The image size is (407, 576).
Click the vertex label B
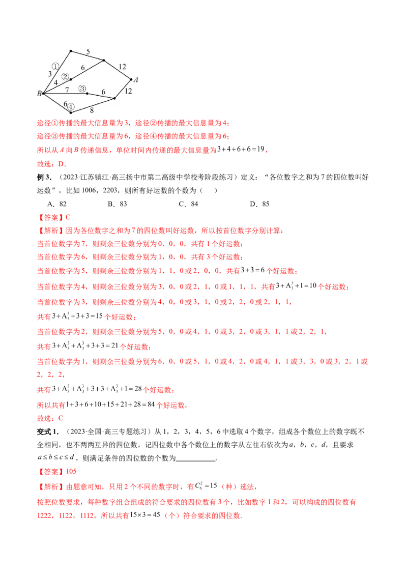pyautogui.click(x=39, y=93)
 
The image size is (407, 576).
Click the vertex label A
pyautogui.click(x=136, y=79)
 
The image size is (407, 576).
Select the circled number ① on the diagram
pyautogui.click(x=56, y=66)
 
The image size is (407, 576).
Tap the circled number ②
pyautogui.click(x=66, y=76)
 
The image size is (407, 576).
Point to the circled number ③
pyautogui.click(x=82, y=89)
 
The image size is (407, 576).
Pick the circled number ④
pyautogui.click(x=71, y=107)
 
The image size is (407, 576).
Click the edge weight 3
pyautogui.click(x=50, y=74)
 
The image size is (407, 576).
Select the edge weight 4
pyautogui.click(x=55, y=82)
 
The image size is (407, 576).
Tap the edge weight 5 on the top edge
pyautogui.click(x=88, y=51)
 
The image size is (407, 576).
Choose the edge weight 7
pyautogui.click(x=67, y=90)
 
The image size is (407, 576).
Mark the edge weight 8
pyautogui.click(x=92, y=109)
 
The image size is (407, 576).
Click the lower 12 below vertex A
pyautogui.click(x=128, y=91)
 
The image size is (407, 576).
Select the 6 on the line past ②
pyautogui.click(x=82, y=67)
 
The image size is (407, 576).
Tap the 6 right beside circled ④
pyautogui.click(x=65, y=104)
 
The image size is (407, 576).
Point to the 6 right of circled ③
pyautogui.click(x=103, y=92)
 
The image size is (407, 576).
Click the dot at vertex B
pyautogui.click(x=44, y=93)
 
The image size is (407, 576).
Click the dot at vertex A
pyautogui.click(x=131, y=79)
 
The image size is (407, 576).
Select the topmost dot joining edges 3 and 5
pyautogui.click(x=70, y=51)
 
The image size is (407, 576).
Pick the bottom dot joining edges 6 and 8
pyautogui.click(x=71, y=112)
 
